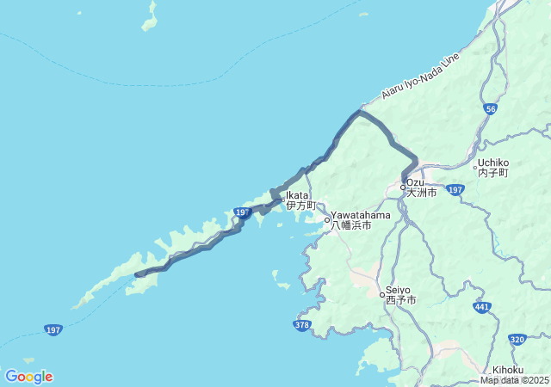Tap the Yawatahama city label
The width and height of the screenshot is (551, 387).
pyautogui.click(x=361, y=215)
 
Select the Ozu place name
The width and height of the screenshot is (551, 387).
pyautogui.click(x=416, y=182)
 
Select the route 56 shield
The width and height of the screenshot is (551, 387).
pyautogui.click(x=490, y=109)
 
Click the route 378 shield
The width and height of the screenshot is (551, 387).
pyautogui.click(x=301, y=325)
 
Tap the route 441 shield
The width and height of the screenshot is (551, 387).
pyautogui.click(x=482, y=306)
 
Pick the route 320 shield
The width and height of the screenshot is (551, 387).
pyautogui.click(x=517, y=340)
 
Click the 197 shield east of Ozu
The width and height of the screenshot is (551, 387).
pyautogui.click(x=455, y=189)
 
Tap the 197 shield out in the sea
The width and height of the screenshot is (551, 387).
pyautogui.click(x=54, y=329)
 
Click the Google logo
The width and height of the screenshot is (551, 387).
pyautogui.click(x=28, y=377)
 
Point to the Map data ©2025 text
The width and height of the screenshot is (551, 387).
pyautogui.click(x=514, y=380)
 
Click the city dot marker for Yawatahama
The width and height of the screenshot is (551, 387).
pyautogui.click(x=327, y=220)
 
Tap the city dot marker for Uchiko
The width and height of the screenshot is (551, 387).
pyautogui.click(x=475, y=167)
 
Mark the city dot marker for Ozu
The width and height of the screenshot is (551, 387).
pyautogui.click(x=403, y=187)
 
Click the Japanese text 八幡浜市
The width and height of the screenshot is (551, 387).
pyautogui.click(x=351, y=225)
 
